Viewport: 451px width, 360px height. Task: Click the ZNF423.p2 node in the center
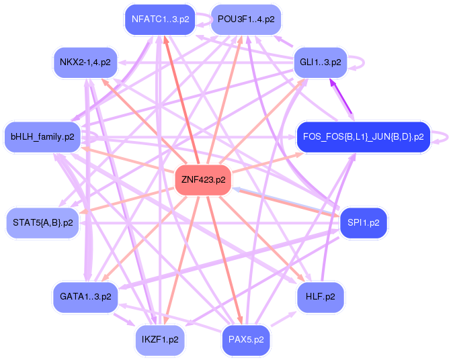pos(203,180)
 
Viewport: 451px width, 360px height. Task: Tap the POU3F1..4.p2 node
pos(245,19)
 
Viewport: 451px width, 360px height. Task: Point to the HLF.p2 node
pos(321,296)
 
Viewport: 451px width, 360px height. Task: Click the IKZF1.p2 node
pos(159,340)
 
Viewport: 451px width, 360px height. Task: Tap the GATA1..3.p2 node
pos(85,296)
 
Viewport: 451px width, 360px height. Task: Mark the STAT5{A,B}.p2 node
pos(42,222)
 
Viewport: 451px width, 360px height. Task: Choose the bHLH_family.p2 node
pos(42,136)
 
